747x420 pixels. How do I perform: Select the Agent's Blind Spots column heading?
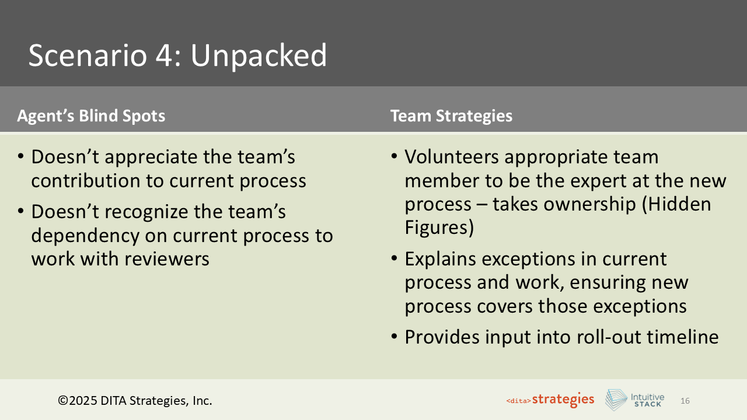[x=91, y=116]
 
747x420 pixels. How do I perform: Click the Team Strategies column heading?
[x=451, y=116]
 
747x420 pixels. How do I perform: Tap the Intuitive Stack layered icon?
[x=616, y=400]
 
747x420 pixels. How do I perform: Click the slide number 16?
[x=685, y=401]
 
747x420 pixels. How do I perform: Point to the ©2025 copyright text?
[x=135, y=401]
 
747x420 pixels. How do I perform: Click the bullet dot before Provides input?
[x=395, y=337]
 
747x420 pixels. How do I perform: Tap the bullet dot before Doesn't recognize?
[x=21, y=212]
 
